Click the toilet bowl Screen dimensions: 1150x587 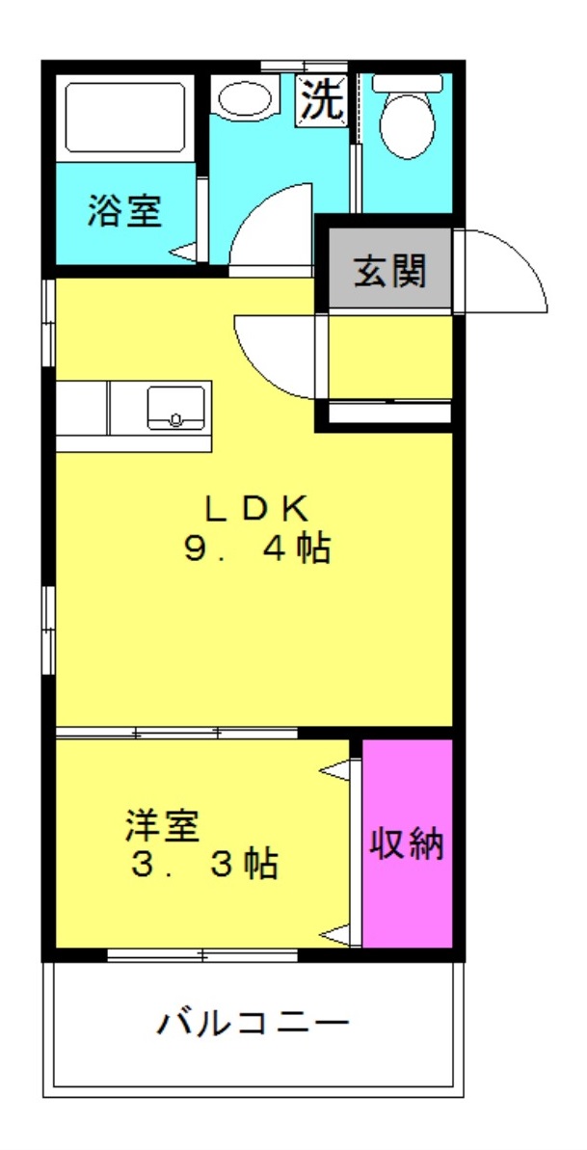(x=405, y=123)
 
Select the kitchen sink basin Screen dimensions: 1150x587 (x=175, y=407)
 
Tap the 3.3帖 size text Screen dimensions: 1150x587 (x=204, y=863)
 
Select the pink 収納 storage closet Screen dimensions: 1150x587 (x=407, y=843)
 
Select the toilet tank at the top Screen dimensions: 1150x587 (x=406, y=83)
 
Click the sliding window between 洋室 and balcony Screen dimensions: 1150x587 (x=202, y=955)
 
